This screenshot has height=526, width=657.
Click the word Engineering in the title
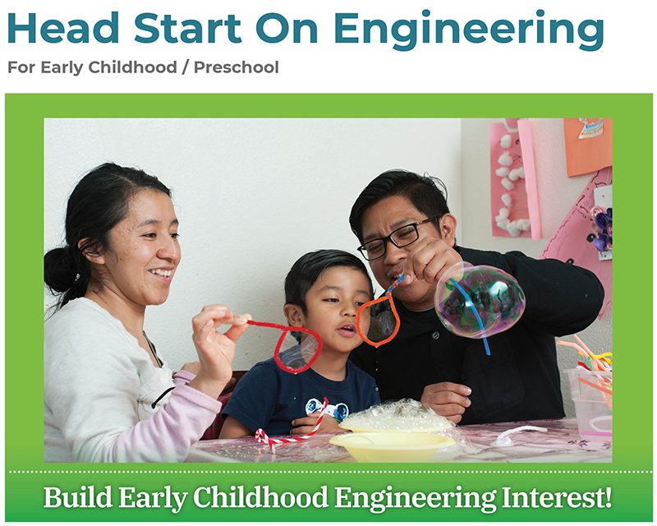point(468,30)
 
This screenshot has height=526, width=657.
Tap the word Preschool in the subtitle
point(237,67)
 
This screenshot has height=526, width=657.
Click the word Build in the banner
point(77,498)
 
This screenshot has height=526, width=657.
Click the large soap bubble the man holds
point(480,300)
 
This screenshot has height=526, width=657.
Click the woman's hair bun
point(60,270)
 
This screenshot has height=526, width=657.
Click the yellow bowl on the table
point(392,445)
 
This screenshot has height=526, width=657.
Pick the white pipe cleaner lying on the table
point(520,434)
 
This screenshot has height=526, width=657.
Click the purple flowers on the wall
point(603,228)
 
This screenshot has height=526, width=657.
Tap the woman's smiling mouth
point(162,273)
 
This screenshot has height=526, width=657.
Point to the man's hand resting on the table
point(445,400)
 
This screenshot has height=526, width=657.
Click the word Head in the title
point(63,29)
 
